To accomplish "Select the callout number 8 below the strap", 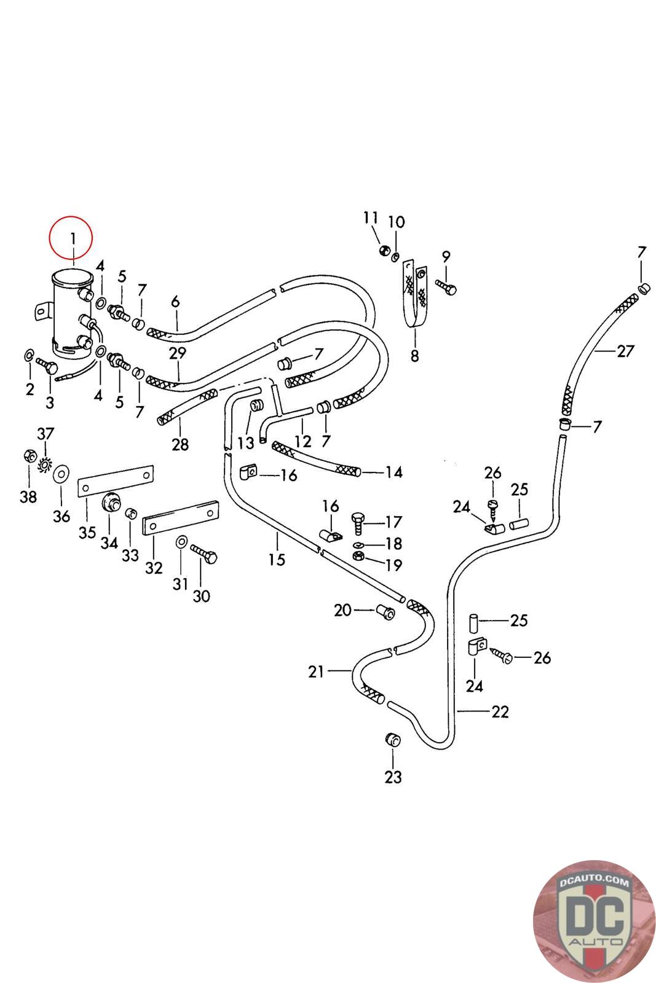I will (415, 355).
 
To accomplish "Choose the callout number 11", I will (371, 217).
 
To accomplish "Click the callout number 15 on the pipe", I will (277, 558).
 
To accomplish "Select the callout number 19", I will (393, 565).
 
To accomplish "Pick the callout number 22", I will (500, 711).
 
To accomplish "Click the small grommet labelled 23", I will (393, 739).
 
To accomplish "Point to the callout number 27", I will (625, 351).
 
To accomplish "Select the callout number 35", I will (87, 532).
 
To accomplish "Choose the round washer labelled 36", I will (61, 474).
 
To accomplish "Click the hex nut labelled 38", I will (28, 456).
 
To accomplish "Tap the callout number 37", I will (45, 434).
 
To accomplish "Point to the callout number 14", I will (394, 472).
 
